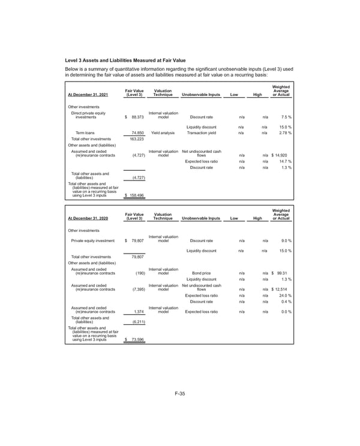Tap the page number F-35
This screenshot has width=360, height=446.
coord(179,393)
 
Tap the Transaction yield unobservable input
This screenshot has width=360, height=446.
coord(201,132)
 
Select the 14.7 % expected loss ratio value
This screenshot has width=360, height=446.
coord(283,161)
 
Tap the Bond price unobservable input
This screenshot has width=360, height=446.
coord(201,273)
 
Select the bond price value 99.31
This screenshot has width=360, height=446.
coord(283,273)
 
